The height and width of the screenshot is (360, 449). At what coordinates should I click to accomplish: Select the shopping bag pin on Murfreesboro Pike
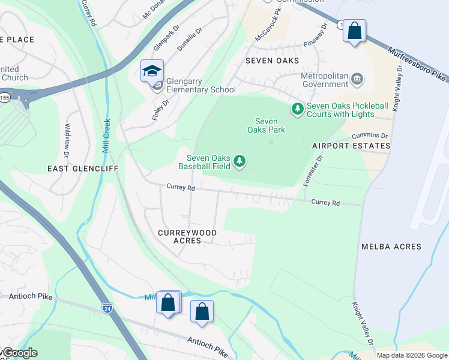click(355, 31)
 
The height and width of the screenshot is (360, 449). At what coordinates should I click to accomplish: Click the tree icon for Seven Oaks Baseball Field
click(240, 161)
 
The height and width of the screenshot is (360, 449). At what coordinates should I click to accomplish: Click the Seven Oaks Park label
click(267, 125)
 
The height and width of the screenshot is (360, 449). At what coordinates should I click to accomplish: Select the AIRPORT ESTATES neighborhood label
click(351, 146)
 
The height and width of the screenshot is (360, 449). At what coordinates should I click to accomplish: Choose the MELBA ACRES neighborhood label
click(391, 247)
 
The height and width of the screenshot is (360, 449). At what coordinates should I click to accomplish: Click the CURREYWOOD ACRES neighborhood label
click(187, 236)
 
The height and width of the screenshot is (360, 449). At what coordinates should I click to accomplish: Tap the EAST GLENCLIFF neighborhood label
click(83, 170)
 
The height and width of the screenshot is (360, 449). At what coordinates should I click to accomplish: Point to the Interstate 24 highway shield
click(107, 308)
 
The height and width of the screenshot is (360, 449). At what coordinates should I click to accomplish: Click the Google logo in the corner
click(19, 353)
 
